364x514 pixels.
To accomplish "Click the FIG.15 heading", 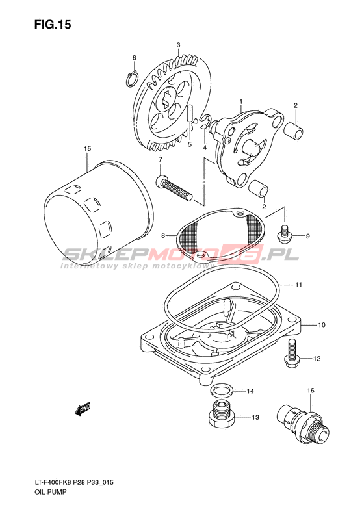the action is [53, 24].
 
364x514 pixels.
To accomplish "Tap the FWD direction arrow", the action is [83, 409].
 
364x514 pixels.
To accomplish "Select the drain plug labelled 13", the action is [221, 414].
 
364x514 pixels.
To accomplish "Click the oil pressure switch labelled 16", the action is [302, 425].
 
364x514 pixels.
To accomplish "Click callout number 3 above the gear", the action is [178, 45].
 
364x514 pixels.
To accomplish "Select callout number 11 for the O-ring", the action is [298, 285].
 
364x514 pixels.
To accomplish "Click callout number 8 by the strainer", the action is [162, 235].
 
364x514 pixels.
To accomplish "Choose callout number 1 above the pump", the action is [240, 101].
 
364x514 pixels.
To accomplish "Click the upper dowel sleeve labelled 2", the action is [294, 131].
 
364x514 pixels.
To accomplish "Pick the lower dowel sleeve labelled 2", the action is [259, 189].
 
